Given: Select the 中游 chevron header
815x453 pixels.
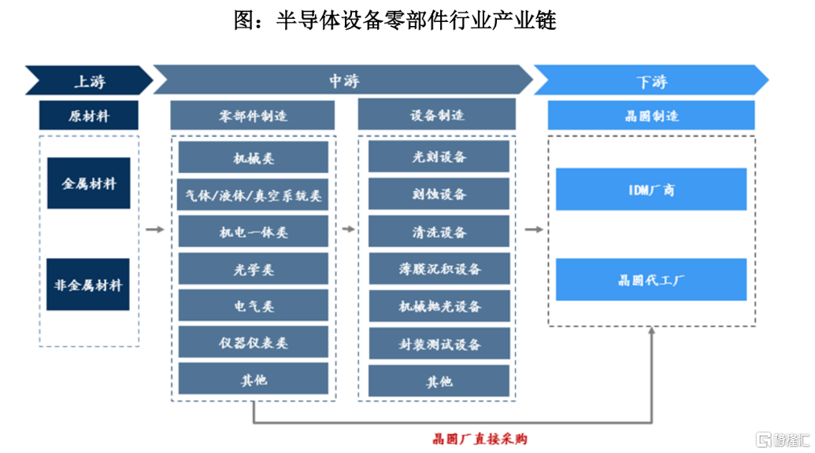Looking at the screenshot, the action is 343,80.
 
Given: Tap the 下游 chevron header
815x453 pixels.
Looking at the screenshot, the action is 651,80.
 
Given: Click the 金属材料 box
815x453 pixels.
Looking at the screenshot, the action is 89,183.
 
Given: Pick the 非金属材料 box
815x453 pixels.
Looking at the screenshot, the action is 88,285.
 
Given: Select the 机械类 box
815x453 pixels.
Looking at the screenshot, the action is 253,157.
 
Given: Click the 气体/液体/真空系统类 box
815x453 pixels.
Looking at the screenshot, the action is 253,195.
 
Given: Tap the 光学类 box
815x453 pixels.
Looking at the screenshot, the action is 253,269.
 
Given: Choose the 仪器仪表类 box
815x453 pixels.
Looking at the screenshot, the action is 253,342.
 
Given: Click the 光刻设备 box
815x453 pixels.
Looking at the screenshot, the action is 439,157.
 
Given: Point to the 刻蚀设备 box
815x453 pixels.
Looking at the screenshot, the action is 439,194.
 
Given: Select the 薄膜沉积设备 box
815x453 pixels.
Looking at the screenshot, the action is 439,269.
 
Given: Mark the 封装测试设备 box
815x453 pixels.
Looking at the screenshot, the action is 439,344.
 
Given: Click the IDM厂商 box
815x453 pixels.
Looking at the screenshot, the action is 651,190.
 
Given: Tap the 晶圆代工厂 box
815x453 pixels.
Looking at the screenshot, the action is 651,280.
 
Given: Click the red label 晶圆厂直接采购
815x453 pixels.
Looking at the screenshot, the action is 480,439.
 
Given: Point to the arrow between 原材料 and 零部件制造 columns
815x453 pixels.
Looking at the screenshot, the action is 155,230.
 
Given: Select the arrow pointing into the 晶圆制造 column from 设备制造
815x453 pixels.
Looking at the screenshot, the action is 534,230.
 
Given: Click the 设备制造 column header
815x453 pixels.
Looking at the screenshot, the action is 436,115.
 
